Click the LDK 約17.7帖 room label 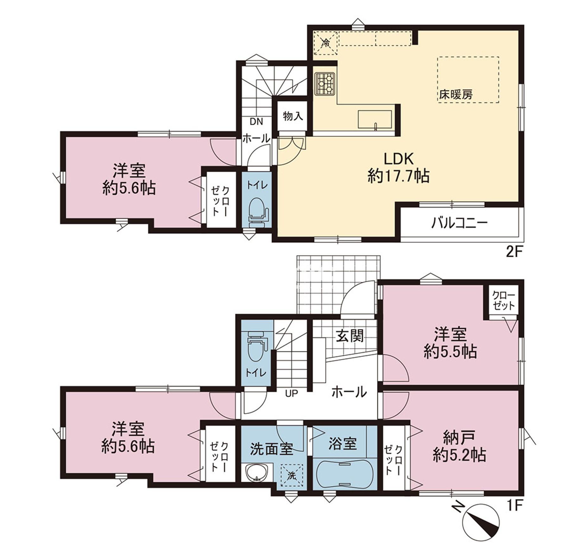point(398,167)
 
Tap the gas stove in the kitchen point(325,83)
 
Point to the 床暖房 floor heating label point(456,94)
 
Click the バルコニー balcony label point(459,223)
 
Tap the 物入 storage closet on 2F point(293,116)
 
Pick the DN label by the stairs point(256,122)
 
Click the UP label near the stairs point(291,393)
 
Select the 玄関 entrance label point(350,336)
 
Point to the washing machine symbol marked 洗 point(292,475)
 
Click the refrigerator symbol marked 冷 point(325,43)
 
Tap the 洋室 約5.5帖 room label point(450,343)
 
